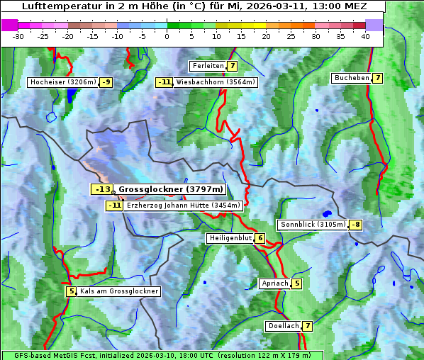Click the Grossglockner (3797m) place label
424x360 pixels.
click(x=170, y=189)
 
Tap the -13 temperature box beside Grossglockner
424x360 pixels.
click(x=102, y=189)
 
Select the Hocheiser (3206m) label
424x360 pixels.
click(x=63, y=82)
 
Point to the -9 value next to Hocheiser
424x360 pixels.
click(x=106, y=82)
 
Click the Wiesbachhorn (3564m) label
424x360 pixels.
click(x=215, y=82)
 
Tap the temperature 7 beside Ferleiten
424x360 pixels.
click(x=233, y=66)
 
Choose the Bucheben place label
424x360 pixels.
click(x=351, y=78)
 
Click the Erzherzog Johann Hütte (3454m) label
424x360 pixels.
click(x=183, y=206)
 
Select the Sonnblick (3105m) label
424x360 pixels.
click(x=313, y=225)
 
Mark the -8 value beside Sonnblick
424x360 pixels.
click(x=356, y=225)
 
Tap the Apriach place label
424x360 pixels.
click(x=274, y=283)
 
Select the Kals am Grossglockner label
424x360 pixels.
click(x=118, y=291)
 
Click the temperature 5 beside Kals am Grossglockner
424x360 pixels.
click(x=71, y=291)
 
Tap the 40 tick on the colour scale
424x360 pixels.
click(x=365, y=36)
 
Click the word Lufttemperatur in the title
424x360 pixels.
click(x=54, y=6)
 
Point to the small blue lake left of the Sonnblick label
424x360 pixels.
click(x=326, y=213)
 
